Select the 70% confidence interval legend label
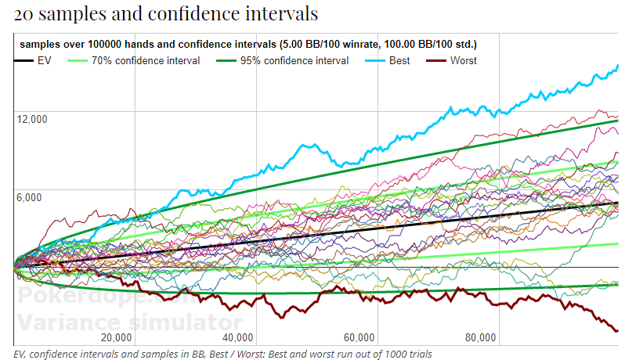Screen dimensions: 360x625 [x=145, y=60]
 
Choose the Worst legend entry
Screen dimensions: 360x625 [x=463, y=60]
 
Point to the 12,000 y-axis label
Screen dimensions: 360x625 [x=31, y=119]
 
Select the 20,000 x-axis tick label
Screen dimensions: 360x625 [x=116, y=338]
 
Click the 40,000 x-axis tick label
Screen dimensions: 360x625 [x=237, y=338]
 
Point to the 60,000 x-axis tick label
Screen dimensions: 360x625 [x=358, y=338]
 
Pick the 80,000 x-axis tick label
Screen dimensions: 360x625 [x=479, y=338]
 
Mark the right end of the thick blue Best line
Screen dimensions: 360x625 [x=618, y=66]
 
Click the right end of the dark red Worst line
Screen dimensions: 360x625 [x=617, y=332]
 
